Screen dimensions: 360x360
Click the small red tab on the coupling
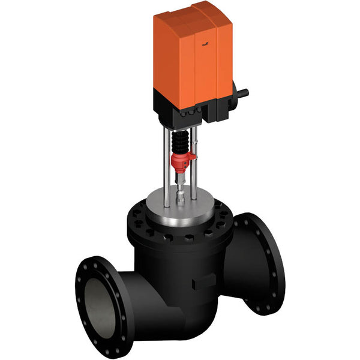193,157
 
